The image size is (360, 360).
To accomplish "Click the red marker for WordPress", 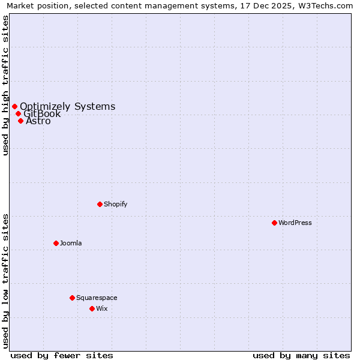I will coord(274,223).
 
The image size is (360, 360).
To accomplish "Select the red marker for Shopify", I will coord(100,204).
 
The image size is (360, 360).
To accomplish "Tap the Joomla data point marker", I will coord(56,243).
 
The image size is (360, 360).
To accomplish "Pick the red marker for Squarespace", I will coord(72,298).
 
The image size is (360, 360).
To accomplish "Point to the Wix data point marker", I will coord(92,308).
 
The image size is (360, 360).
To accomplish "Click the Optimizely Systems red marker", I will coord(14,107).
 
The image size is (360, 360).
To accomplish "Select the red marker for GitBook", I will coord(18,113).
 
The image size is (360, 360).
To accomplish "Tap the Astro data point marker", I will coord(20,121).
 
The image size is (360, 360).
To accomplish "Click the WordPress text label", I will coord(295,223).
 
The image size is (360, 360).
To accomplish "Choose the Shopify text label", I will coord(116,204).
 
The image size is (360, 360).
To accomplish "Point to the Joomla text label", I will coord(71,243).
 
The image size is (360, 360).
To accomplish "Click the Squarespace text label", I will coord(97,298).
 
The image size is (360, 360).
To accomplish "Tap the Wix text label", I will coord(102,308).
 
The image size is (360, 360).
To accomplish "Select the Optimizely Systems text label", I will coord(68,107).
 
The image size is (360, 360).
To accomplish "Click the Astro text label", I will coord(38,121).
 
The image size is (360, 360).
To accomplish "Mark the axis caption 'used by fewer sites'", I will coord(62,355).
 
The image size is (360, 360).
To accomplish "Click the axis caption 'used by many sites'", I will coord(301,355).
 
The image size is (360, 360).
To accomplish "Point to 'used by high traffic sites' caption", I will coord(5,85).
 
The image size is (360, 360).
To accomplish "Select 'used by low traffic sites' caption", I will coord(5,281).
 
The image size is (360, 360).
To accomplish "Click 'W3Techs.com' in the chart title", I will coord(329,6).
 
